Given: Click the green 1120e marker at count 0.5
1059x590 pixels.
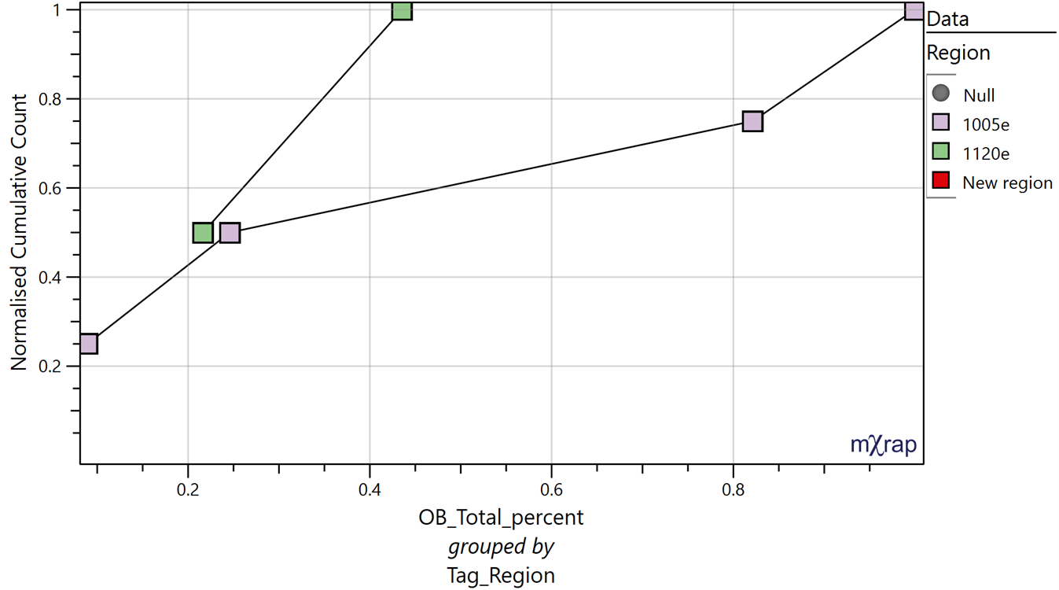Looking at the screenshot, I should click(x=203, y=233).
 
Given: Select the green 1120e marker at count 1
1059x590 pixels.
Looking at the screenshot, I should click(x=402, y=10).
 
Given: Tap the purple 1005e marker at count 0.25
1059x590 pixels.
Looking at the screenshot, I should click(x=88, y=344).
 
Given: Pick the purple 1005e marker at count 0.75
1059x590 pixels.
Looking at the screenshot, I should click(x=752, y=122).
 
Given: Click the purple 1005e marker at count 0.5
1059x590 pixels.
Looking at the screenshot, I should click(x=230, y=233).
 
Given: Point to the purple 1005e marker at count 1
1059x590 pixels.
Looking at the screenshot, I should click(x=914, y=11).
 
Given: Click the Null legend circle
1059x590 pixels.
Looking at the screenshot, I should click(x=940, y=94).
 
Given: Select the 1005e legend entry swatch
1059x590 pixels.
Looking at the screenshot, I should click(x=940, y=123).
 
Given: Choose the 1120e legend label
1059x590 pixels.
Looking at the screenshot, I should click(x=986, y=153).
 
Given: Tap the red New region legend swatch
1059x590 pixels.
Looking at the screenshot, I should click(x=940, y=182).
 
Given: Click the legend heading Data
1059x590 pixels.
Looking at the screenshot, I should click(x=948, y=19).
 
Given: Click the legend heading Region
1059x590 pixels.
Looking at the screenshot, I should click(x=958, y=53).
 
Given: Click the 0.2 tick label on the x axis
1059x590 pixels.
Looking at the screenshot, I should click(x=188, y=488).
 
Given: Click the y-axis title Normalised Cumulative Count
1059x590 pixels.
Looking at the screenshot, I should click(x=19, y=232).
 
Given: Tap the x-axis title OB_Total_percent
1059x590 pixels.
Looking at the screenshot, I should click(x=501, y=518).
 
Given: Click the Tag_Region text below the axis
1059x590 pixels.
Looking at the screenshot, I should click(x=501, y=575).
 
